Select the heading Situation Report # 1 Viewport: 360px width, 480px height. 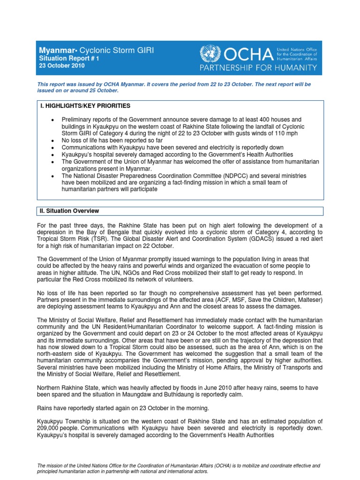click(68, 59)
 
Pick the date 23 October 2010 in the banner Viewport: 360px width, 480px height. click(61, 66)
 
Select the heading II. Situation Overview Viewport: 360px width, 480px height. click(70, 211)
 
